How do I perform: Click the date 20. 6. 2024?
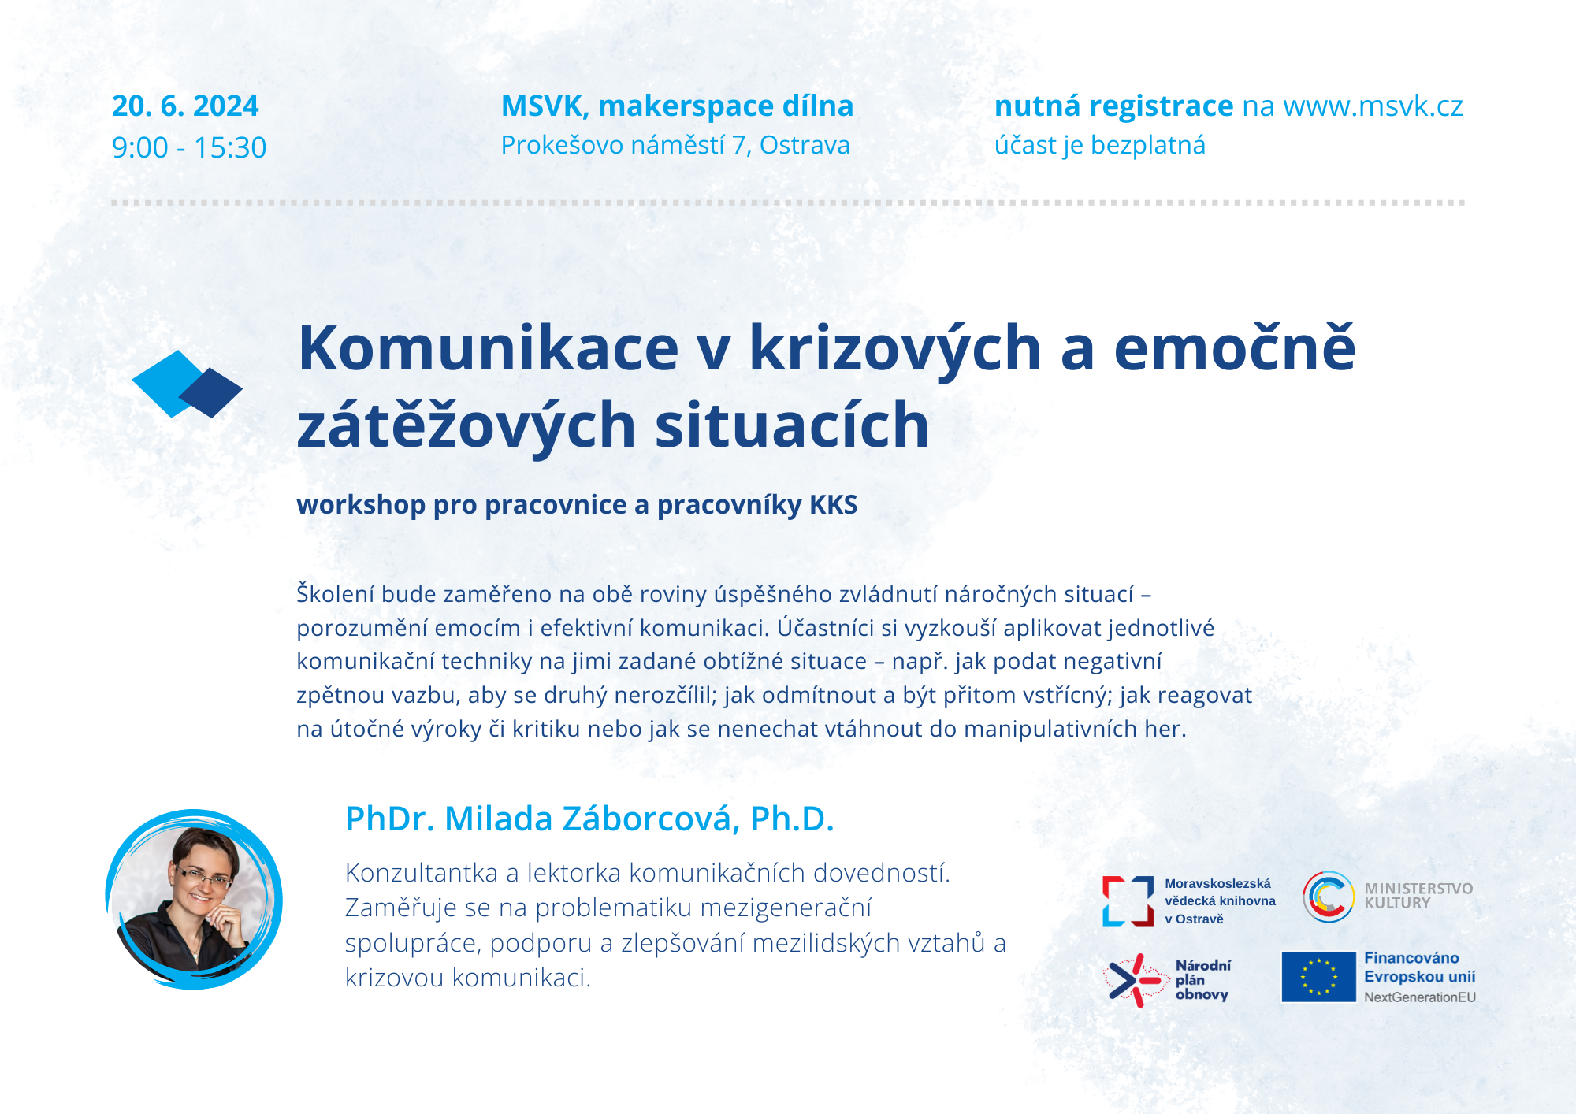pyautogui.click(x=185, y=106)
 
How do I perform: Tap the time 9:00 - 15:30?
pyautogui.click(x=189, y=147)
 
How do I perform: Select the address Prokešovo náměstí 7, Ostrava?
pyautogui.click(x=675, y=146)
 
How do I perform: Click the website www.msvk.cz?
pyautogui.click(x=1373, y=106)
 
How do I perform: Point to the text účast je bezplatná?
pyautogui.click(x=1100, y=146)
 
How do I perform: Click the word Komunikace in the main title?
pyautogui.click(x=489, y=348)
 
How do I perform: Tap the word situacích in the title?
pyautogui.click(x=792, y=425)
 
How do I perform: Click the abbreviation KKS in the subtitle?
pyautogui.click(x=834, y=505)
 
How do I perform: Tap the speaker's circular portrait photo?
pyautogui.click(x=194, y=900)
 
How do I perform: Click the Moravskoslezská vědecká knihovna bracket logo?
pyautogui.click(x=1128, y=901)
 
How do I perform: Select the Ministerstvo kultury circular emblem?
pyautogui.click(x=1329, y=897)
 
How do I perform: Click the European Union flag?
pyautogui.click(x=1318, y=977)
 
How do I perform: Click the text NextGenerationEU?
pyautogui.click(x=1420, y=997)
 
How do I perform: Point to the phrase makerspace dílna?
pyautogui.click(x=726, y=106)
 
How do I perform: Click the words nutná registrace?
pyautogui.click(x=1113, y=106)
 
